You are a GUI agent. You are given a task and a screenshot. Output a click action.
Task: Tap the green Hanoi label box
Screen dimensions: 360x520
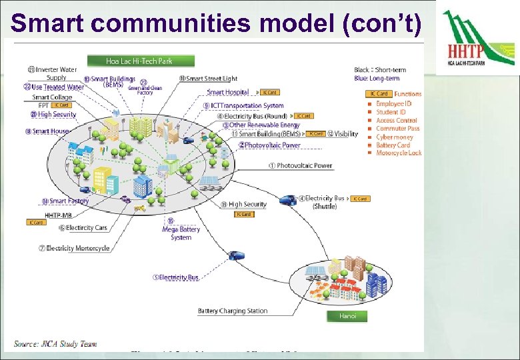(x=347, y=316)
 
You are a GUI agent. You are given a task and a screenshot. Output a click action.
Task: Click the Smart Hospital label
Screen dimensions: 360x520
(x=228, y=93)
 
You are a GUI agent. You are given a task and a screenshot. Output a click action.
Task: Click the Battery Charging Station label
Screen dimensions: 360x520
(x=233, y=311)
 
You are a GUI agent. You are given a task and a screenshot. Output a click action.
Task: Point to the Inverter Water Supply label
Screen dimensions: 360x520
(x=53, y=73)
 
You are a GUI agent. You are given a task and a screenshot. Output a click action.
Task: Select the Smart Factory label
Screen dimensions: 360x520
(x=66, y=201)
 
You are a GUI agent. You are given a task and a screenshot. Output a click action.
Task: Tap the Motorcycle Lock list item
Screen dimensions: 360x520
(x=398, y=153)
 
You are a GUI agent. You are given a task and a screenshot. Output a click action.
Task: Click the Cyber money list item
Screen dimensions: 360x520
(x=394, y=137)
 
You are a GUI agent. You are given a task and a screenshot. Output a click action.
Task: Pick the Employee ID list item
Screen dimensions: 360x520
(x=393, y=103)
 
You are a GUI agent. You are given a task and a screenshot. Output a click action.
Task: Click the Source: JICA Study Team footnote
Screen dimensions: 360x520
(x=55, y=344)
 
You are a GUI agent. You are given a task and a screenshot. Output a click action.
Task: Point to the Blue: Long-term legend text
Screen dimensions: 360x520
(x=377, y=79)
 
